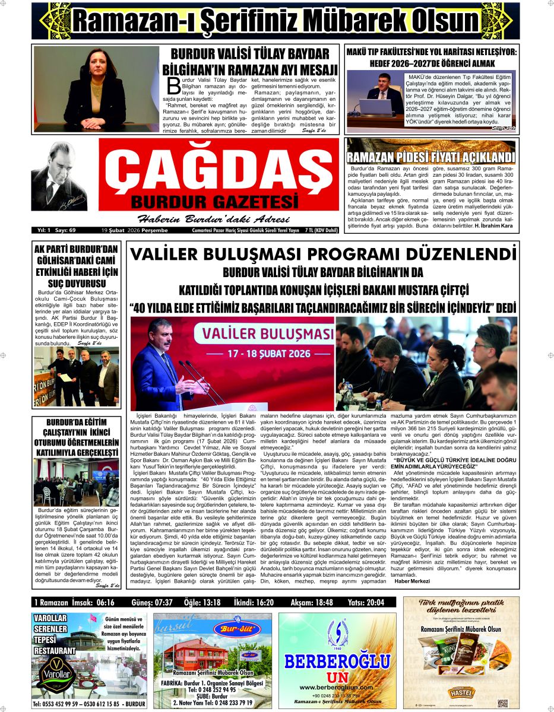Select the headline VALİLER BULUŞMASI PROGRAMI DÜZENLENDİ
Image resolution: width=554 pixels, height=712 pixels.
323,255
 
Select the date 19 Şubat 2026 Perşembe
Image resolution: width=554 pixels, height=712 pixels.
135,230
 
